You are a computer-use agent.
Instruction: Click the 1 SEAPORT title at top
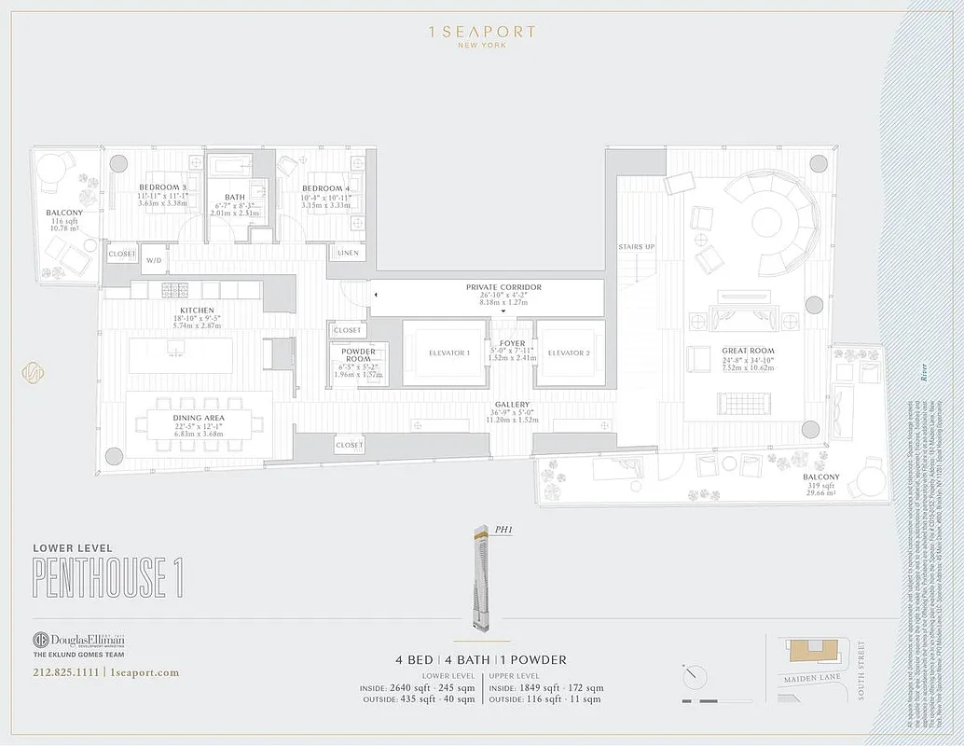[x=481, y=33]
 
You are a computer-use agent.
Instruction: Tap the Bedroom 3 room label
[x=162, y=187]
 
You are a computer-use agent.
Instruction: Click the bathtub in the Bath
[x=227, y=167]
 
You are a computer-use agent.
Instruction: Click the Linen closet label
[x=348, y=253]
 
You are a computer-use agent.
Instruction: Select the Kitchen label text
[x=197, y=311]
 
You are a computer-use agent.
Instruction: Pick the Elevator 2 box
[x=568, y=353]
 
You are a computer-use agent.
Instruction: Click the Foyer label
[x=512, y=344]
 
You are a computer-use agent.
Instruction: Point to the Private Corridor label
[x=503, y=287]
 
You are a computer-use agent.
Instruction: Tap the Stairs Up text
[x=637, y=247]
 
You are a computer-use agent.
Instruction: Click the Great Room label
[x=748, y=352]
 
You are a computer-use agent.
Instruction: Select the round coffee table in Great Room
[x=766, y=222]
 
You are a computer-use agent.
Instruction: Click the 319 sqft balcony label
[x=821, y=477]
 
